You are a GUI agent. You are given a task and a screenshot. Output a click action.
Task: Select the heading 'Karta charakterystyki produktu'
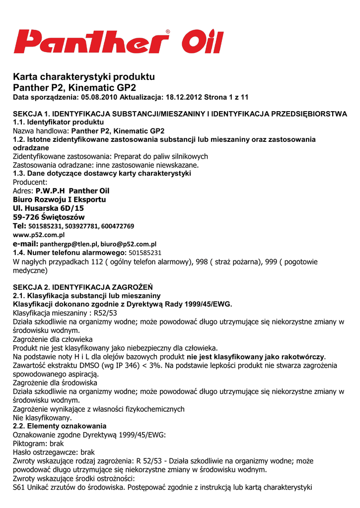tap(84, 77)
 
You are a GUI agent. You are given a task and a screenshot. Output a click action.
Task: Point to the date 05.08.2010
tap(99, 97)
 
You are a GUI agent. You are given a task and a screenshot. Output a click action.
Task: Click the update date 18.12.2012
tap(182, 97)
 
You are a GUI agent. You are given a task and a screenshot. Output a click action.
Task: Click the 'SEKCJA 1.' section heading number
tap(31, 114)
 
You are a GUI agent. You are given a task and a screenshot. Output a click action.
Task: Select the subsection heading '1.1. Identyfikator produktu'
tap(58, 122)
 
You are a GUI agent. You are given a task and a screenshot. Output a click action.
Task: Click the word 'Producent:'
tap(30, 182)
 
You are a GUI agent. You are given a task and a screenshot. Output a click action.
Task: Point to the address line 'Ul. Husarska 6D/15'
tap(48, 208)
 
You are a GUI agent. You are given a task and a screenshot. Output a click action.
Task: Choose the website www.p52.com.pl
tap(39, 235)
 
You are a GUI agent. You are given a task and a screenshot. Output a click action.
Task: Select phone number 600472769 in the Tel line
tap(118, 226)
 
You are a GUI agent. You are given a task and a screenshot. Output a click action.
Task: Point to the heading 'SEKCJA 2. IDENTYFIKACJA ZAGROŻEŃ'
tap(82, 287)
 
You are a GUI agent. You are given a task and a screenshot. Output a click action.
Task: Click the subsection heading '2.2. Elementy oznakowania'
tap(60, 426)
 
